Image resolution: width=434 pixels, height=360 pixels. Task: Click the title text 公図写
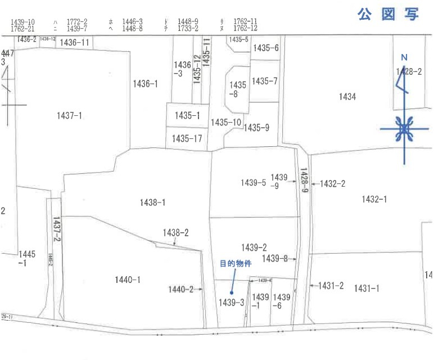pos(387,15)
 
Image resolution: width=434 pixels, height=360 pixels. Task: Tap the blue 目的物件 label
pos(234,263)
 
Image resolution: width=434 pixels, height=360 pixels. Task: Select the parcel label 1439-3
pos(230,303)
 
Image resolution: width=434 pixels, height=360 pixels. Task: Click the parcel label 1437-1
pos(70,115)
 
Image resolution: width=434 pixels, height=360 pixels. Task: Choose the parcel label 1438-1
pos(152,202)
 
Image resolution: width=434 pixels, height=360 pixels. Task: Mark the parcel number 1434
pos(347,97)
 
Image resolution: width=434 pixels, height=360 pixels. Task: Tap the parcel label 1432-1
pos(374,199)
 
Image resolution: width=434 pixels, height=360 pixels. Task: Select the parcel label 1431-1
pos(367,288)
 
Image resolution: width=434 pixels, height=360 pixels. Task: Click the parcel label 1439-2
pos(254,247)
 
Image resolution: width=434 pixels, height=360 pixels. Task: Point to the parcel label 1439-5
pos(253,182)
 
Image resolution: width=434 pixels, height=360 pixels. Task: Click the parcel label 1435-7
pos(264,81)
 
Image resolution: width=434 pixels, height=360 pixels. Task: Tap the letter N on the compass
pos(404,57)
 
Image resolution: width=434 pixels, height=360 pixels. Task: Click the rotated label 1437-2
pos(56,229)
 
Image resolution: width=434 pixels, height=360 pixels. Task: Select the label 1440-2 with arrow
pos(180,289)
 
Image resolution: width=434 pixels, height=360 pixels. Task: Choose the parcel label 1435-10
pos(226,122)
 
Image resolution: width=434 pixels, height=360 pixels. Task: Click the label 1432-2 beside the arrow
pos(332,183)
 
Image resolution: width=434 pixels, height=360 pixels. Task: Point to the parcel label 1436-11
pos(74,42)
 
